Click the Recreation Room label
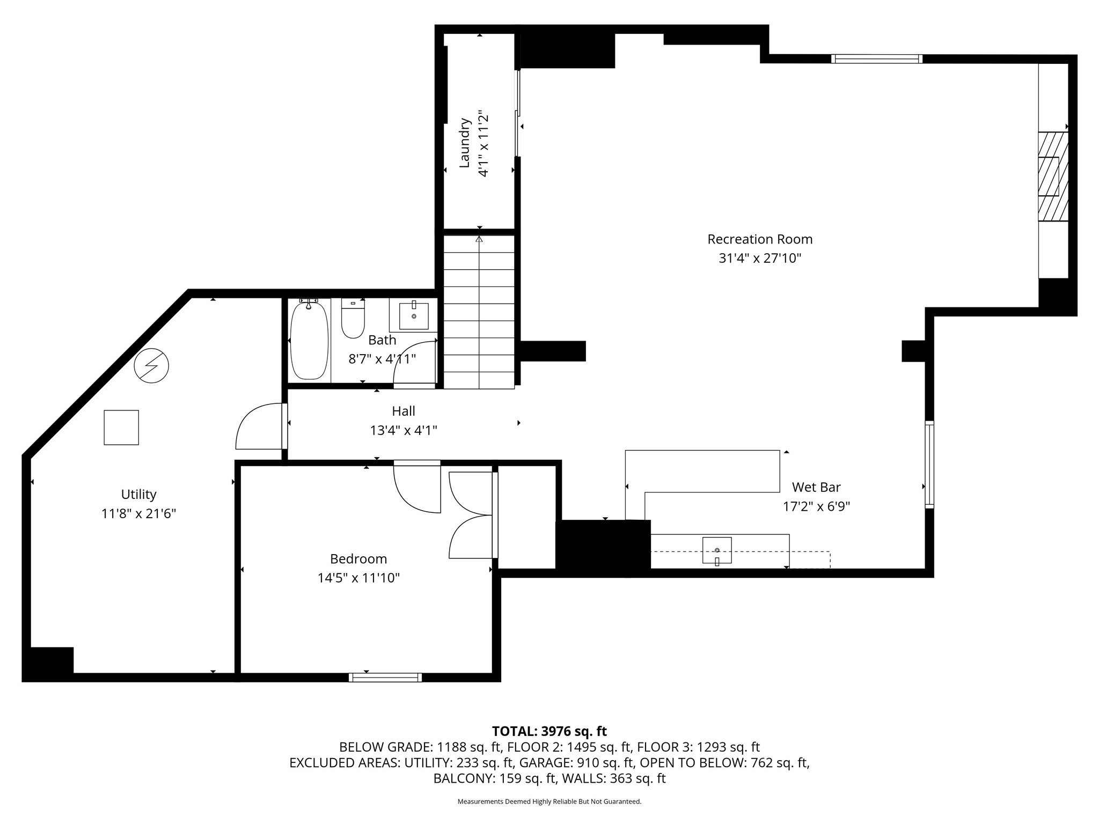[760, 239]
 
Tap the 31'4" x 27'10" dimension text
[760, 259]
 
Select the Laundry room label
[465, 143]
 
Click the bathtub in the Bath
[309, 341]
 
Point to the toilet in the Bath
[353, 319]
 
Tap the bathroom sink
[414, 316]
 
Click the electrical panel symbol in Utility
[151, 366]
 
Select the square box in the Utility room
[121, 428]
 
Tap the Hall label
[404, 411]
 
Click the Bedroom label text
[358, 559]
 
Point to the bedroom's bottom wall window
[385, 677]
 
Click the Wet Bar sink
[717, 550]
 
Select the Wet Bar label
[816, 487]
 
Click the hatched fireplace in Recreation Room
[1053, 176]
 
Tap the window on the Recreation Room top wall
[877, 59]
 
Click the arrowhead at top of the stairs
[479, 239]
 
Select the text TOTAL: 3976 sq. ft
[549, 731]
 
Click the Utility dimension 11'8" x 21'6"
[139, 514]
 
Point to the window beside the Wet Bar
[929, 465]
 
